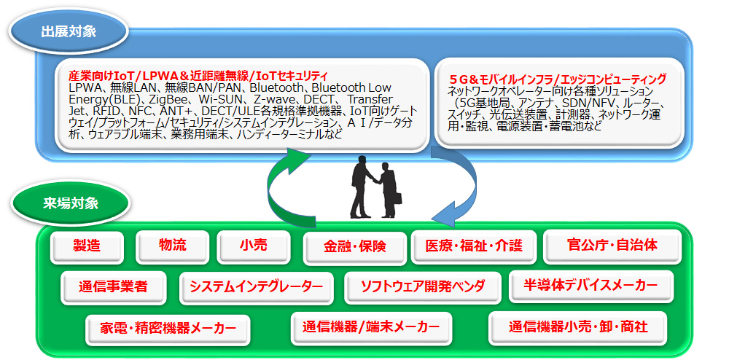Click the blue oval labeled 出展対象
pos(69,33)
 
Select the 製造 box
pos(87,246)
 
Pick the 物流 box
pos(173,246)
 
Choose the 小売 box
pos(254,246)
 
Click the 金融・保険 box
pos(355,247)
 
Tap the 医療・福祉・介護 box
pos(475,246)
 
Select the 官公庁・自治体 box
pos(612,246)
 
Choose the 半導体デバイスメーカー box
pos(591,286)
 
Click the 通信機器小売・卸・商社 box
pos(578,328)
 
